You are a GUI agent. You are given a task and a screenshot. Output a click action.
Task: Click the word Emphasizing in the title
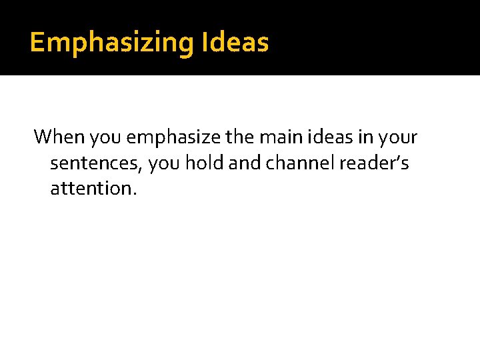tap(111, 43)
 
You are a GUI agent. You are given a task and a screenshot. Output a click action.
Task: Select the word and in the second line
tap(243, 163)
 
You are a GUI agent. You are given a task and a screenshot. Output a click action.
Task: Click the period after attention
tap(135, 193)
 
